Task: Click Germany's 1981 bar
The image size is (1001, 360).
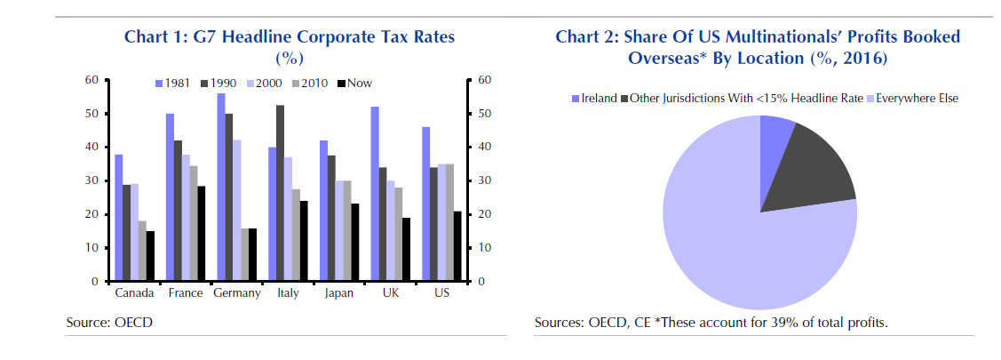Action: point(219,187)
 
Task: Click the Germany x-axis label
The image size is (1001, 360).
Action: point(237,293)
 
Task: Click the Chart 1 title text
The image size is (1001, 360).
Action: point(290,37)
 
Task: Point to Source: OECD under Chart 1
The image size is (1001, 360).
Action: point(109,322)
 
